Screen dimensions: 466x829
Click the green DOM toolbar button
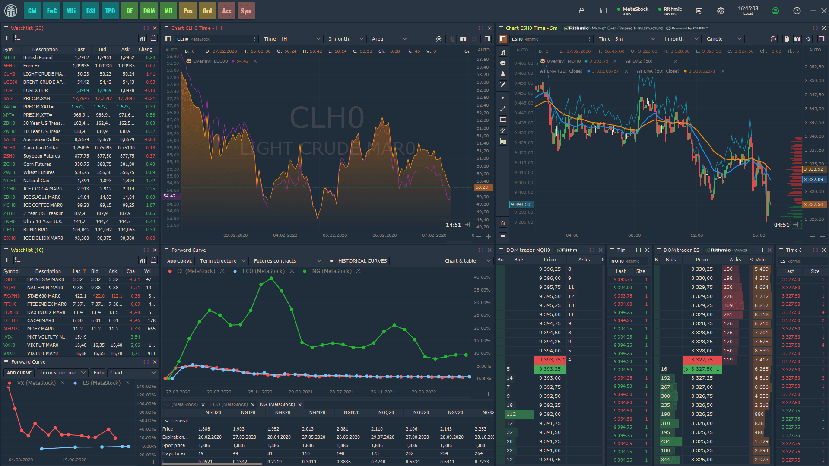click(x=149, y=11)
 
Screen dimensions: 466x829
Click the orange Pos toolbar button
click(x=187, y=11)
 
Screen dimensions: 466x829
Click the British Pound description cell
click(x=38, y=57)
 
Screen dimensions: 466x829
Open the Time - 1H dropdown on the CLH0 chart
click(x=292, y=39)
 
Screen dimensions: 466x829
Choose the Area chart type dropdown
click(x=389, y=39)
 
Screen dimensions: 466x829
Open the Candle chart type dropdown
click(x=724, y=39)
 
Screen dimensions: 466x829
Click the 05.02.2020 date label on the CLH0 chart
click(x=335, y=235)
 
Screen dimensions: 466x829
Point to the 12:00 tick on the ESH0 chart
click(x=696, y=235)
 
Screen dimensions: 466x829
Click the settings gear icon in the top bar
click(x=721, y=11)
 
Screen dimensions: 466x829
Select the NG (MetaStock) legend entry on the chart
click(x=331, y=271)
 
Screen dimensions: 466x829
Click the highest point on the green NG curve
click(x=271, y=279)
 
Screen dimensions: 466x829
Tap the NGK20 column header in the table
click(x=283, y=412)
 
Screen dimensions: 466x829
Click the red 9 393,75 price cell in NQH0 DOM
click(x=549, y=360)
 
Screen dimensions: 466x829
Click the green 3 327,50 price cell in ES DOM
click(x=702, y=369)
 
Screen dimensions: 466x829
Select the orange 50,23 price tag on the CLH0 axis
click(x=482, y=187)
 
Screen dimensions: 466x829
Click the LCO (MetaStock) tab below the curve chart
click(x=229, y=405)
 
